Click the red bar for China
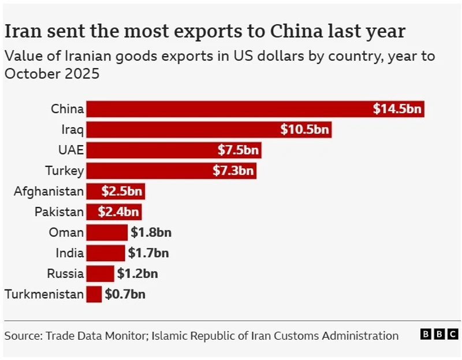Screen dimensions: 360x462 tap(231, 109)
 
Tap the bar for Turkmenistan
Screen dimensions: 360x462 tap(94, 294)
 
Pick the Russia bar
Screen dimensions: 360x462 tap(100, 273)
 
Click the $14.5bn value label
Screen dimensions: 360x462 tap(398, 109)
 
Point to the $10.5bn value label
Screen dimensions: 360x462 tap(304, 129)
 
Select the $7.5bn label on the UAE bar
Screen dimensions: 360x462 tap(239, 150)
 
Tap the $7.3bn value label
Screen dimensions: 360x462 tap(233, 170)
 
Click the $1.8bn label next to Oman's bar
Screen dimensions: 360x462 tap(151, 232)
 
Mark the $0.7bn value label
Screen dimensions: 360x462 tap(125, 294)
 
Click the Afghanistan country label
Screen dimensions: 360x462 tap(49, 191)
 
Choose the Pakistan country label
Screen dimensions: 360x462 tap(59, 212)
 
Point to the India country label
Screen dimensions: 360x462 tap(70, 253)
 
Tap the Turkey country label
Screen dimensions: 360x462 tap(65, 170)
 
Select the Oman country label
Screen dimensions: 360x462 tap(66, 232)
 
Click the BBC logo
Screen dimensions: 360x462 tap(439, 335)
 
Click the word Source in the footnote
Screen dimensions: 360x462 tap(23, 335)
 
